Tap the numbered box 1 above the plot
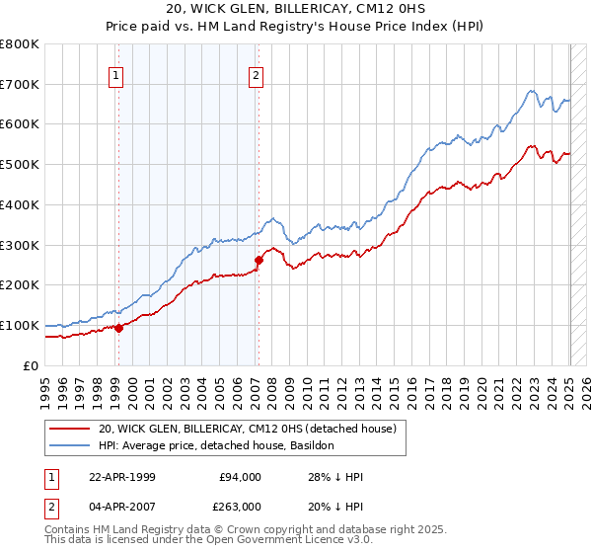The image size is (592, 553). coord(117,74)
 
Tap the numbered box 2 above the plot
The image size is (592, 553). coord(257,74)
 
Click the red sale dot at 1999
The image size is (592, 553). coord(118,328)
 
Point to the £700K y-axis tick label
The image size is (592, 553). coord(20,85)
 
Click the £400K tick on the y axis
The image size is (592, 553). coord(20,204)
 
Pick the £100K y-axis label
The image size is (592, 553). coord(20,325)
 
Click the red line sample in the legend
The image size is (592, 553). coord(71,429)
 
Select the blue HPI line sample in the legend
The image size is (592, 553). coord(71,445)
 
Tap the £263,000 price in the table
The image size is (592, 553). coord(241,507)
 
